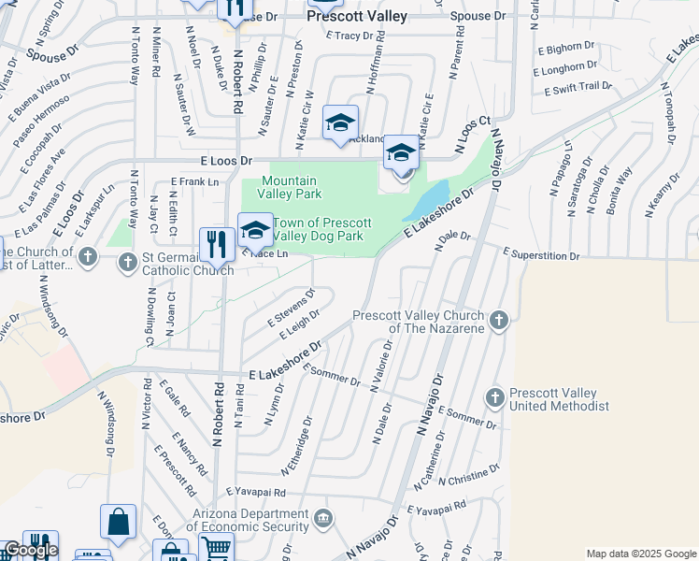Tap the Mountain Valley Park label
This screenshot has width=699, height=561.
click(x=292, y=187)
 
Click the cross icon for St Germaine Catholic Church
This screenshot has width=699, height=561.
click(x=129, y=261)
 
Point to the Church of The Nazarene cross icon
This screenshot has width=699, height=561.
click(x=499, y=322)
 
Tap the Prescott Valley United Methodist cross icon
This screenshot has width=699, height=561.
click(x=495, y=398)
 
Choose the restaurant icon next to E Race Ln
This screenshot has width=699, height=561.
click(x=216, y=245)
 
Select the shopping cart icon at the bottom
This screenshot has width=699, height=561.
click(x=216, y=549)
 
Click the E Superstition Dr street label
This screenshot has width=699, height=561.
click(x=542, y=254)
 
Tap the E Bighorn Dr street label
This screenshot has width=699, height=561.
click(x=565, y=47)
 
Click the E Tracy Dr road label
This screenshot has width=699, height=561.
click(x=356, y=36)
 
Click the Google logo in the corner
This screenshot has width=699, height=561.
click(x=31, y=550)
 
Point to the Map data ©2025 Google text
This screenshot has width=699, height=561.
click(x=641, y=554)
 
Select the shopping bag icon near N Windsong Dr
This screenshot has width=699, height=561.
click(x=119, y=522)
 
